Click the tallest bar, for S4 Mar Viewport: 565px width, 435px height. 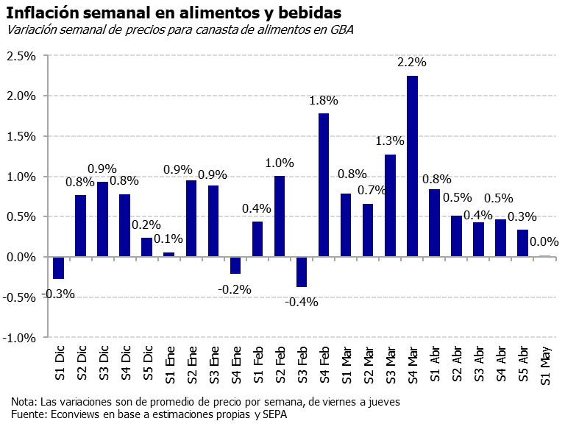(x=412, y=166)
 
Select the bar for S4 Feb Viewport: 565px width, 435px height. (x=324, y=185)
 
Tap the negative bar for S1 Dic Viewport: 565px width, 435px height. (x=59, y=268)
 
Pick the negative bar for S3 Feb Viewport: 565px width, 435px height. (x=302, y=272)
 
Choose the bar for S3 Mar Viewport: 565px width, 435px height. (x=390, y=205)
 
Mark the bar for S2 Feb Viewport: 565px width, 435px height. (x=280, y=216)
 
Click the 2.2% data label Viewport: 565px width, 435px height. (x=412, y=63)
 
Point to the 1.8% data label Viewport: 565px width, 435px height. (x=324, y=100)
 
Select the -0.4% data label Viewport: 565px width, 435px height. (x=302, y=303)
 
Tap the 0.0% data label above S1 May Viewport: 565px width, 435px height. (x=544, y=241)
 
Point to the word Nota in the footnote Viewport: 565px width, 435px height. (x=24, y=403)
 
